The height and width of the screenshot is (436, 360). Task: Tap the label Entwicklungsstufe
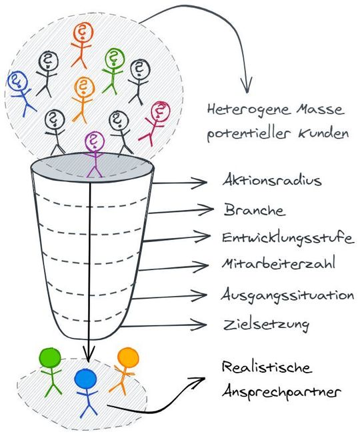287,238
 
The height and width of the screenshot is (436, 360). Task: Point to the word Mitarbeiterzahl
278,263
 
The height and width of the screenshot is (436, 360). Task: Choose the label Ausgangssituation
287,295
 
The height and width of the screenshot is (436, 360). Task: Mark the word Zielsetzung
266,325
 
